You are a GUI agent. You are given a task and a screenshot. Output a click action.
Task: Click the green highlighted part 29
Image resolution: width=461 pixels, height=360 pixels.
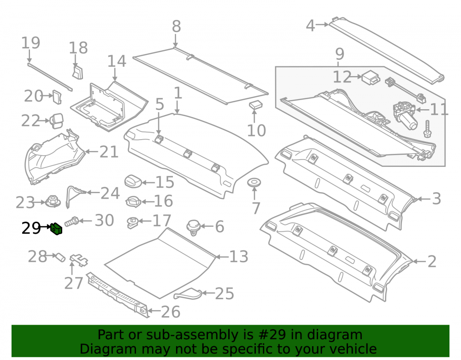(56, 229)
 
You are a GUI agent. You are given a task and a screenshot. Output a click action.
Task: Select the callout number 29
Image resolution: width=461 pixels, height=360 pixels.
(31, 228)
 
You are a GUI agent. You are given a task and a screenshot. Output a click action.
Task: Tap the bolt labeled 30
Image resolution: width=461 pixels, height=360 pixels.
(71, 221)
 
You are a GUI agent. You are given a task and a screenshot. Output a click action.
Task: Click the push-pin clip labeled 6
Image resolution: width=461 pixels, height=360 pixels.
(193, 227)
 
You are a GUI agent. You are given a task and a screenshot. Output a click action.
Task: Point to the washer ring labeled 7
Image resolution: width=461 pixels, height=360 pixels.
(254, 182)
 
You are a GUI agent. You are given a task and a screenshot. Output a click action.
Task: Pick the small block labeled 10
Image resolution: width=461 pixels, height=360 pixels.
(256, 105)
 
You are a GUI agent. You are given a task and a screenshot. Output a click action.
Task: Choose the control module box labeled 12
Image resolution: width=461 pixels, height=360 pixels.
(371, 77)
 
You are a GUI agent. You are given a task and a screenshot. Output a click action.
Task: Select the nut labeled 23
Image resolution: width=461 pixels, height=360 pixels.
(53, 201)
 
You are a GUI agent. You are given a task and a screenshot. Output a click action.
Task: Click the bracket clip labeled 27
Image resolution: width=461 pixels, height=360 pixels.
(78, 260)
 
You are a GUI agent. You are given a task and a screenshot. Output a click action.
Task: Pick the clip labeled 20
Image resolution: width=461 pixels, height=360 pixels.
(57, 97)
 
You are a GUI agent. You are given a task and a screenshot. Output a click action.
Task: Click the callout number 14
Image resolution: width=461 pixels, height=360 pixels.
(117, 61)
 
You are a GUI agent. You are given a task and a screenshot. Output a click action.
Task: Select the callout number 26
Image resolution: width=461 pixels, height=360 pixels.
(171, 312)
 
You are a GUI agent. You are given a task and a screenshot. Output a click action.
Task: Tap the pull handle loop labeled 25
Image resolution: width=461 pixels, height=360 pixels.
(188, 294)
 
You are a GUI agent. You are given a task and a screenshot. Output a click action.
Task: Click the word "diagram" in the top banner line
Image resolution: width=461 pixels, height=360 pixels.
(335, 335)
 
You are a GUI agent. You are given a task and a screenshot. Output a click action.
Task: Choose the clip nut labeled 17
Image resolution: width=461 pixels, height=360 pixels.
(133, 222)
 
